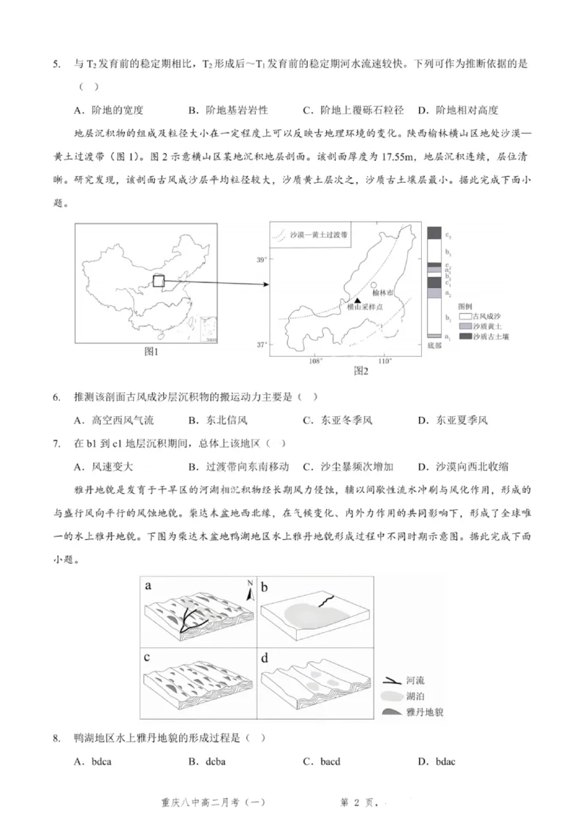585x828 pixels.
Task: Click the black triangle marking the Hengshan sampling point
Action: [356, 301]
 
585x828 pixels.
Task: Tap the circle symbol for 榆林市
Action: [374, 286]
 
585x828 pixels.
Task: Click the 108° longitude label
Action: [316, 361]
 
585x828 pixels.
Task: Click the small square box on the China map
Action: [159, 280]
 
